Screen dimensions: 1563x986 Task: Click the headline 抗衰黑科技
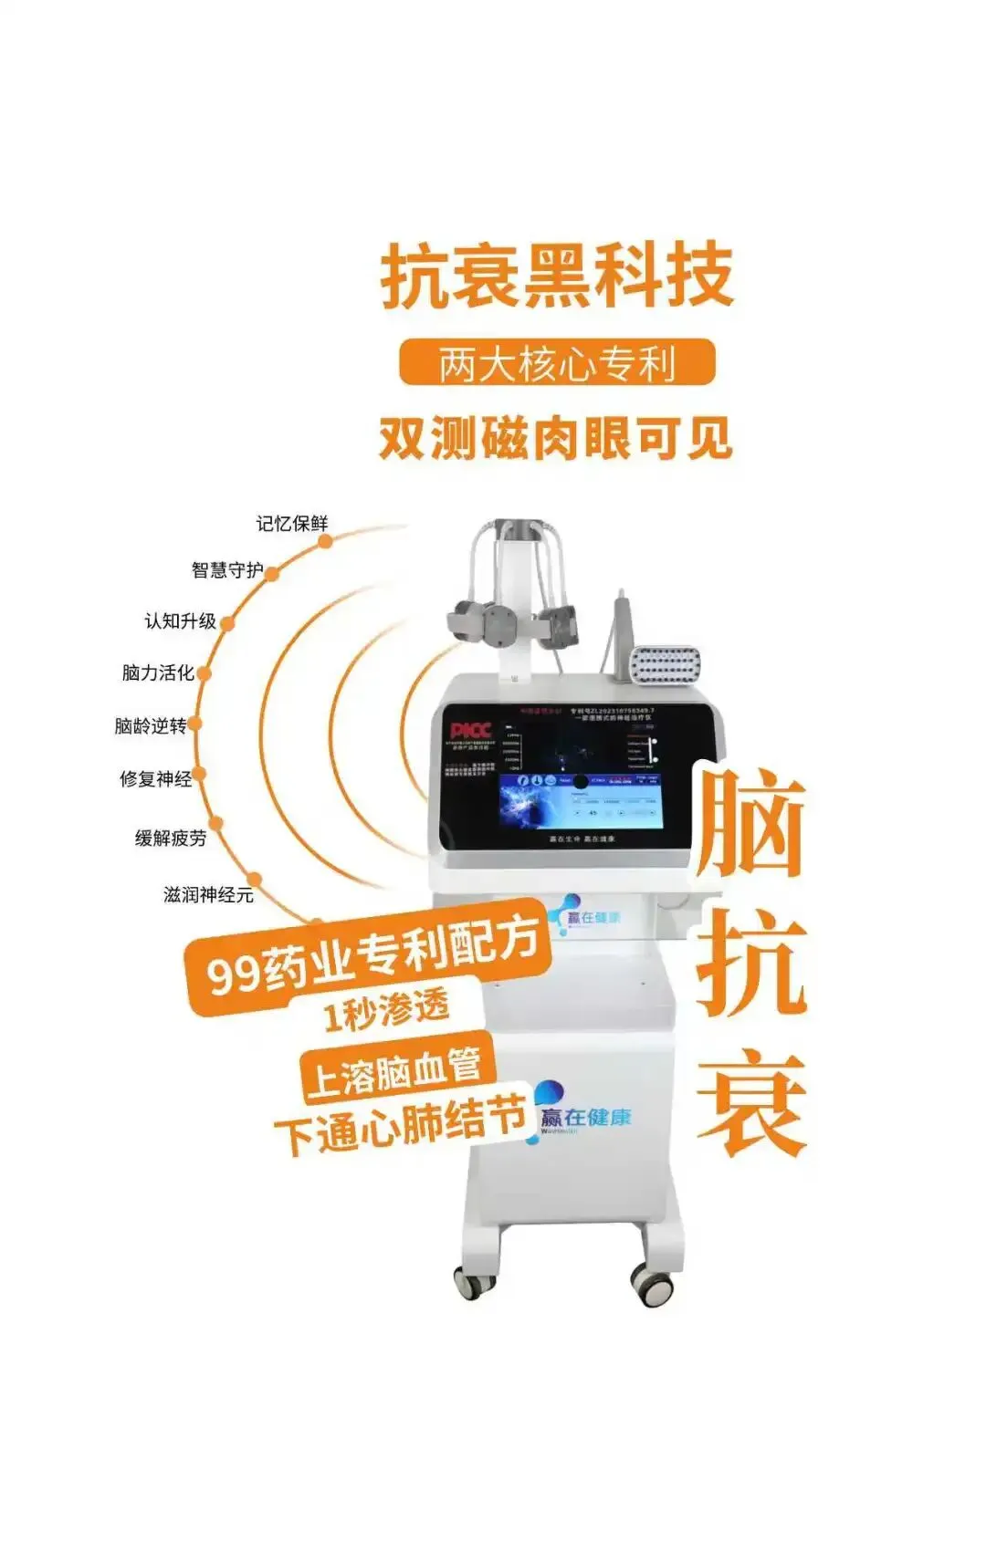pos(556,275)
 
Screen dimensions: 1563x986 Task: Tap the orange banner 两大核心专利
pos(556,363)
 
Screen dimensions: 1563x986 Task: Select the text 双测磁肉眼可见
pos(556,439)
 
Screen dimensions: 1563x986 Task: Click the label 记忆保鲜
pos(291,524)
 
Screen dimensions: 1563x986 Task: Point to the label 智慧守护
pos(227,570)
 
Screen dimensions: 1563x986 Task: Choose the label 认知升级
pos(180,621)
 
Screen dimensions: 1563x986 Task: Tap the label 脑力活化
pos(158,672)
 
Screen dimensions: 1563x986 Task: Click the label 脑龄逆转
pos(151,725)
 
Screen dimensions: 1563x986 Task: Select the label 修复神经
pos(156,778)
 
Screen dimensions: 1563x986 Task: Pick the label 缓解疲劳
pos(171,838)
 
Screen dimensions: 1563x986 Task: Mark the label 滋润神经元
pos(208,895)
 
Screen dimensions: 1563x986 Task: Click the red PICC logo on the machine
pos(470,730)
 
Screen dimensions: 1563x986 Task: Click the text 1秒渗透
pos(386,1010)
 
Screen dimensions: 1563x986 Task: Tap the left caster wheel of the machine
pos(474,1282)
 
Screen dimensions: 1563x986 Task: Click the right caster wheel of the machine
pos(654,1286)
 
